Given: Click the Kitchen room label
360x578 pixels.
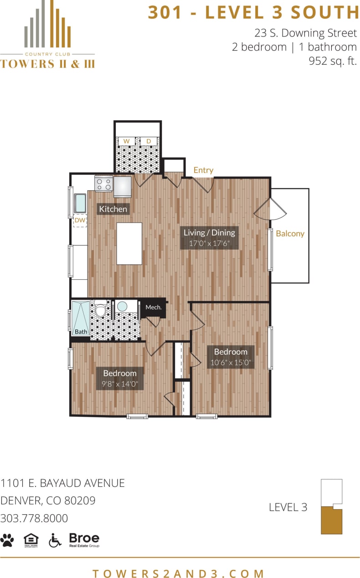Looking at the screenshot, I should (x=113, y=209).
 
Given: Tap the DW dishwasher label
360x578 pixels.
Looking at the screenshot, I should (x=80, y=220).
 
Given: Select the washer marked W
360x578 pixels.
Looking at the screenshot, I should (x=126, y=142).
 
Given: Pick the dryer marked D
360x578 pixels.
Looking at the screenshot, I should (x=148, y=142).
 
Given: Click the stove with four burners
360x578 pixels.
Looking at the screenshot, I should (x=103, y=184).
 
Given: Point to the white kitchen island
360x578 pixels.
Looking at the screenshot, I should (x=129, y=243).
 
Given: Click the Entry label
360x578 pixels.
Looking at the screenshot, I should (x=203, y=170).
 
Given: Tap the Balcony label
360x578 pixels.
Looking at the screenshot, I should (x=290, y=233).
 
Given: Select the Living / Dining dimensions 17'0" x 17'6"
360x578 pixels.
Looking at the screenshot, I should (x=209, y=243).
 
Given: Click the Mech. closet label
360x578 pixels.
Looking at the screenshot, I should (x=154, y=307).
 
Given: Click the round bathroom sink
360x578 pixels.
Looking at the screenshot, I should (x=122, y=307).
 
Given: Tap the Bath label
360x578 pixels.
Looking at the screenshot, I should (x=81, y=332).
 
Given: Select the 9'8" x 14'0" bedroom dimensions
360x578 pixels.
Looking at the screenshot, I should (x=120, y=384).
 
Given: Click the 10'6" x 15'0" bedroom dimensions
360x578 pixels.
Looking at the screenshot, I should (x=231, y=363).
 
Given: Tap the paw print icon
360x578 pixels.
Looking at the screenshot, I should (x=7, y=540).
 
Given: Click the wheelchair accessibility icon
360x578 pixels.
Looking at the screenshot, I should (x=55, y=540).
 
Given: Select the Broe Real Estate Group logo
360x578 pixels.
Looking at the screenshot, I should (x=84, y=540).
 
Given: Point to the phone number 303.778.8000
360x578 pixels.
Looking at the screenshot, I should (x=34, y=518).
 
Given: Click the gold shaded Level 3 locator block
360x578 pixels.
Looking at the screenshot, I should (x=331, y=521).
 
